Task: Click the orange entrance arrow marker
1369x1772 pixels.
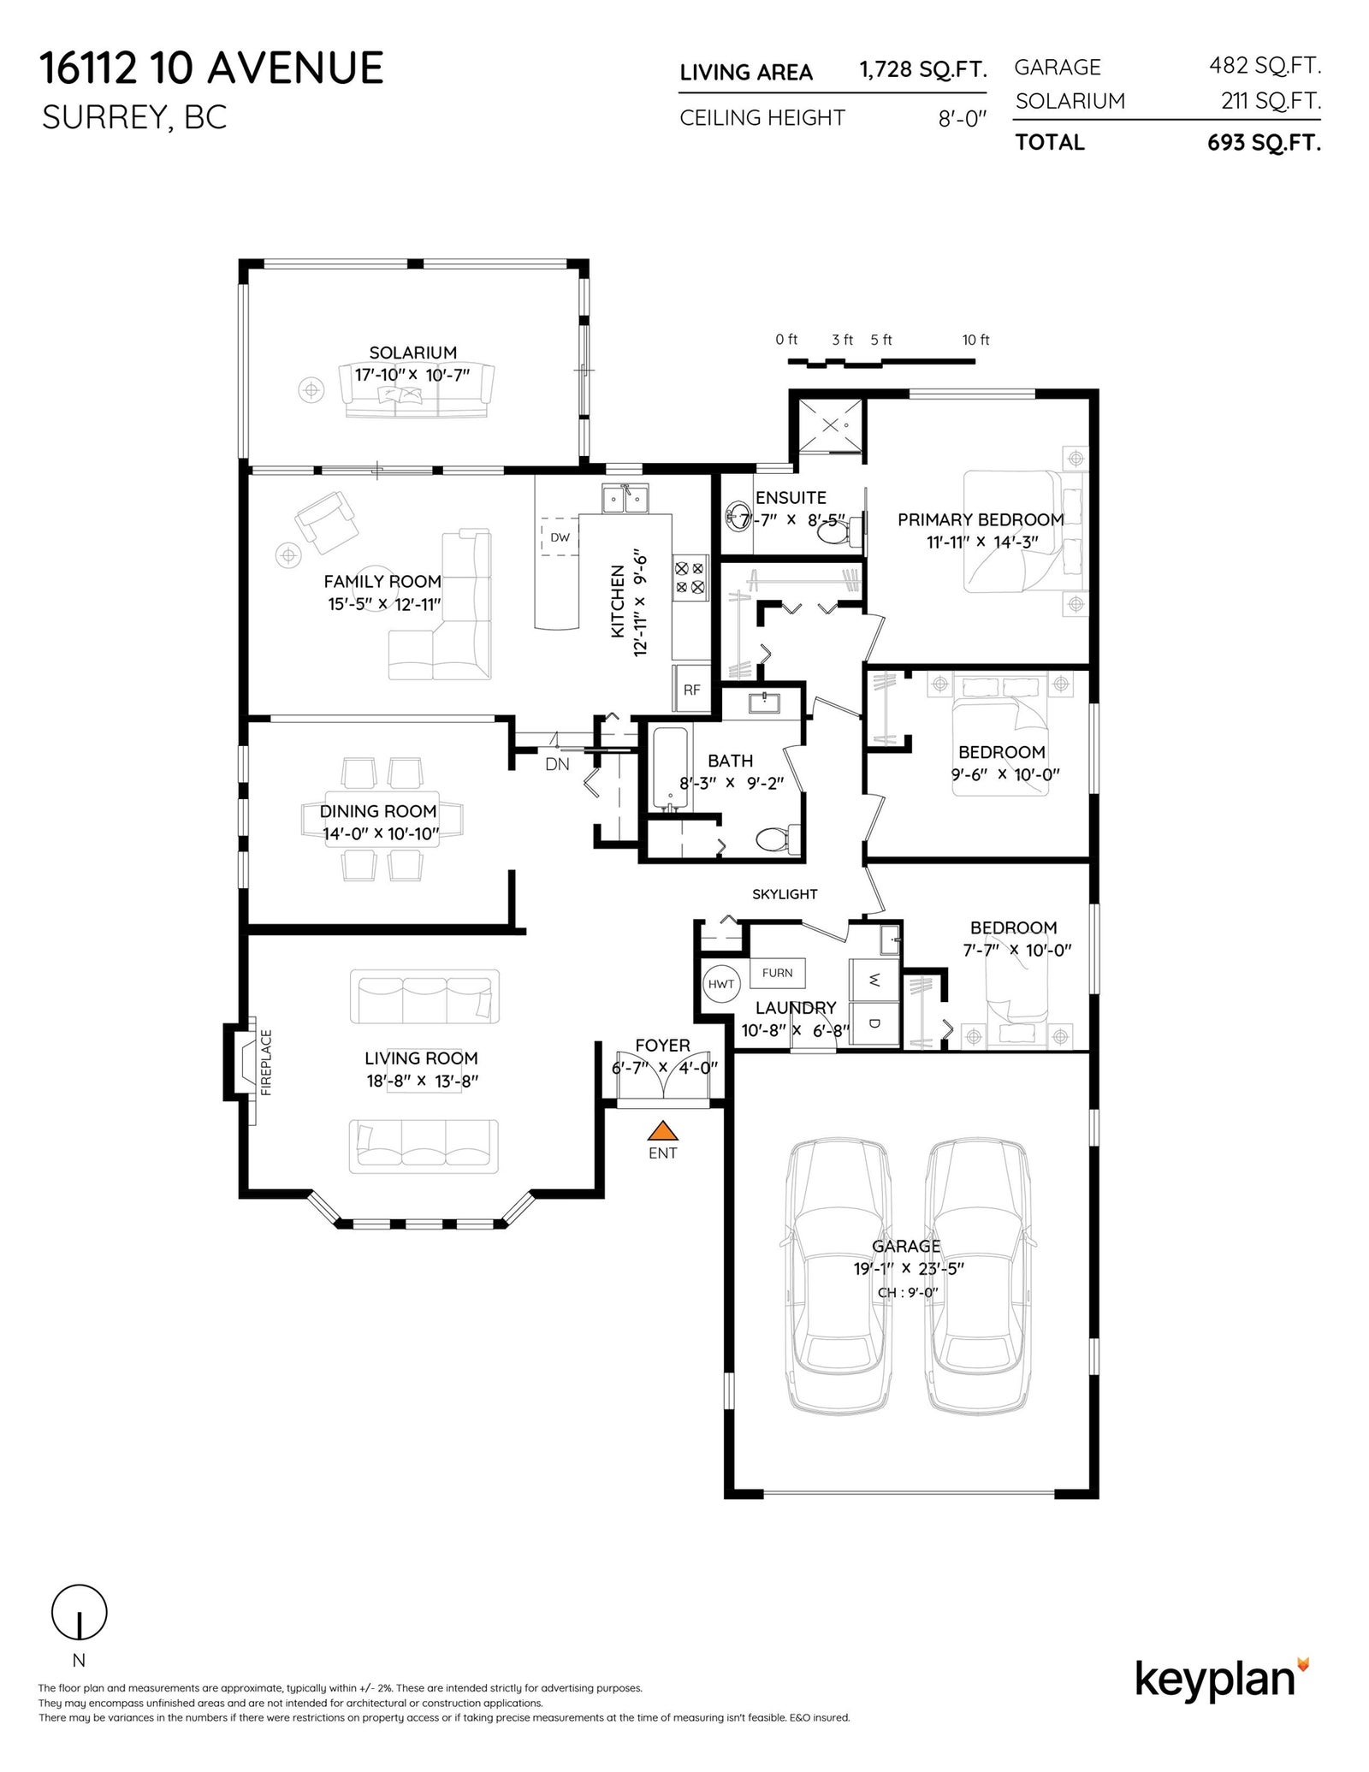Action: tap(662, 1131)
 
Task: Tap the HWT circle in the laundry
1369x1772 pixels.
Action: tap(721, 984)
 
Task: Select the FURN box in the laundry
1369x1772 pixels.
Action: tap(777, 973)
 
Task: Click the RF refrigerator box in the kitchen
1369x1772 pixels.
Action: tap(691, 689)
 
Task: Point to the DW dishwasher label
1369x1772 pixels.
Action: tap(560, 537)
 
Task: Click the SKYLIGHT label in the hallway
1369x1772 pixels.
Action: tap(785, 894)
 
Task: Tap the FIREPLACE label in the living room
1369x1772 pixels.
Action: tap(265, 1062)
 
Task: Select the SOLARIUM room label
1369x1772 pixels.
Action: tap(412, 353)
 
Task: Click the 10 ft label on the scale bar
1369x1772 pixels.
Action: tap(975, 340)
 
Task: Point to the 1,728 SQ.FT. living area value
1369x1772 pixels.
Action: tap(923, 70)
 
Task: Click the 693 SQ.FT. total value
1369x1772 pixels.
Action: tap(1264, 143)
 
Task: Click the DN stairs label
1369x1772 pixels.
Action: tap(557, 765)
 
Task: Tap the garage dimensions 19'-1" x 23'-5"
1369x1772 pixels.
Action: tap(909, 1268)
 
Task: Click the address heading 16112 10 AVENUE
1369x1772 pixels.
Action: tap(212, 68)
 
